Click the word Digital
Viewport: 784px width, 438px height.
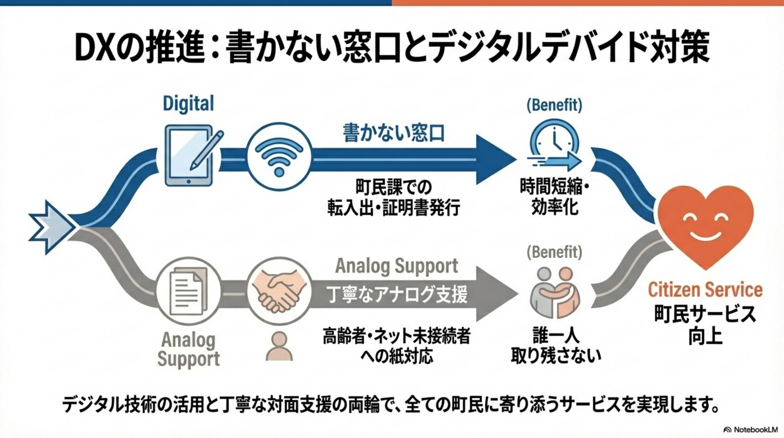tap(188, 103)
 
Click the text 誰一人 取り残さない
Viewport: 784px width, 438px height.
tap(556, 346)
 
